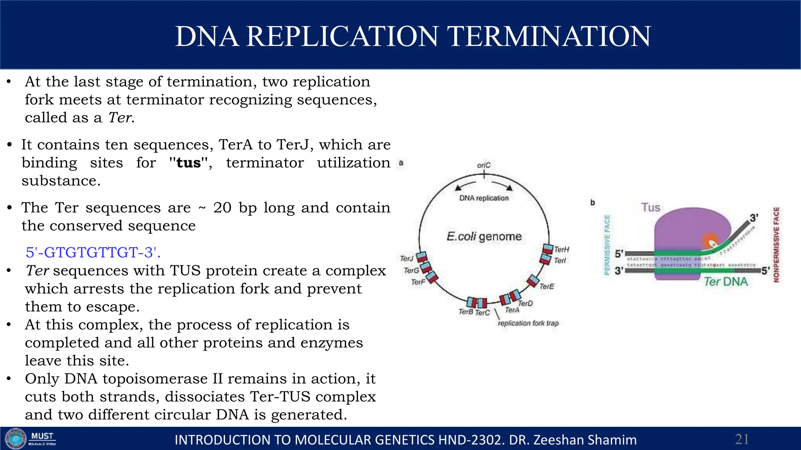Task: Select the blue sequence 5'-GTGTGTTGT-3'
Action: point(93,252)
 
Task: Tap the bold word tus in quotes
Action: point(189,162)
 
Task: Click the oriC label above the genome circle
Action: point(483,165)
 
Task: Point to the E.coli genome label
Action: point(484,236)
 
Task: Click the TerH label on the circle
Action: point(562,249)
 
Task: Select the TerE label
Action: point(547,286)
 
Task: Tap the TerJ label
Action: point(406,258)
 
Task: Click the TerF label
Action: point(418,282)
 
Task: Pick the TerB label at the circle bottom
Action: point(465,312)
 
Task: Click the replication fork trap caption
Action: point(528,323)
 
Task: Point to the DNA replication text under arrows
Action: point(484,198)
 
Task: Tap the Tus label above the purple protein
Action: point(650,207)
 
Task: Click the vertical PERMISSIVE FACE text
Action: point(607,245)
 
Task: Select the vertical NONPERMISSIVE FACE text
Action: point(776,245)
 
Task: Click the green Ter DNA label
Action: point(726,282)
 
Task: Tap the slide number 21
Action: point(742,439)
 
